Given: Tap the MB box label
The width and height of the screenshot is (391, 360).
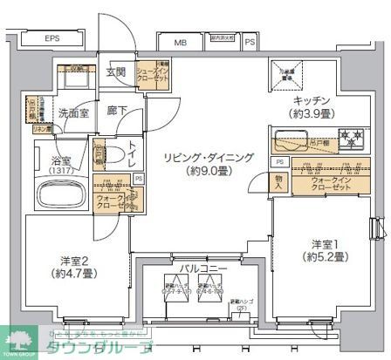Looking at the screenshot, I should [180, 42].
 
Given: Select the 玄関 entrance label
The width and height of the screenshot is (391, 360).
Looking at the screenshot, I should [116, 73].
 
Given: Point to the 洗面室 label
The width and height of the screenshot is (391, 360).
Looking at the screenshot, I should [74, 113].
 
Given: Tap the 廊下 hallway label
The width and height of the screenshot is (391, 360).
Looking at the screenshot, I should [116, 111].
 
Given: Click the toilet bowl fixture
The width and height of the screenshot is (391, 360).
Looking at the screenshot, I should [99, 158].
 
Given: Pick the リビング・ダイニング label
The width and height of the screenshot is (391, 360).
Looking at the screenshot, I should [197, 157].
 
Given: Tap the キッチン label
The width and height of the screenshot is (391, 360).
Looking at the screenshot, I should [310, 101].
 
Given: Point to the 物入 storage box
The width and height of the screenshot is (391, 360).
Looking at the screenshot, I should [279, 181].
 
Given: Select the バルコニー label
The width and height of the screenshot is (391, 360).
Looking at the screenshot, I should [203, 268].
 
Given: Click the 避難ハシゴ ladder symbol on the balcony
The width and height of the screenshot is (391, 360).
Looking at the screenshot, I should [236, 305].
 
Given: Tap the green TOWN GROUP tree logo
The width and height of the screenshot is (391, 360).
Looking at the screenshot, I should [17, 340].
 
